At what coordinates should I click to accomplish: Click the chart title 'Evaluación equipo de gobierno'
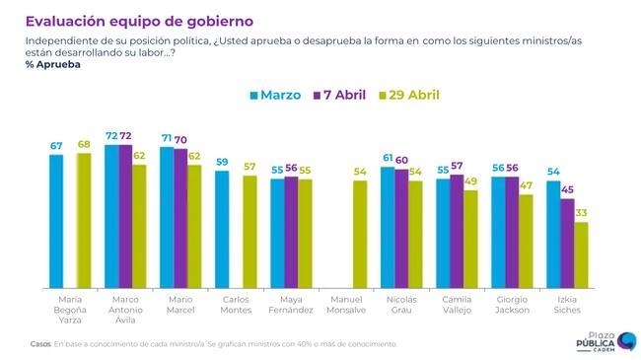[x=139, y=22]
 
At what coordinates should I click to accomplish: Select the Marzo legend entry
[x=275, y=95]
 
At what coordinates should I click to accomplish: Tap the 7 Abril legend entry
[x=339, y=95]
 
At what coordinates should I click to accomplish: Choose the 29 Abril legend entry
[x=409, y=95]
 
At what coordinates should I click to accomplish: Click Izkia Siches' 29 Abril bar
[x=581, y=255]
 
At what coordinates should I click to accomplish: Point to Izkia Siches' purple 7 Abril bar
[x=567, y=244]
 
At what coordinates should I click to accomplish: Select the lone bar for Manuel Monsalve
[x=360, y=235]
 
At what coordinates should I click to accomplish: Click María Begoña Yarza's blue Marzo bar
[x=56, y=221]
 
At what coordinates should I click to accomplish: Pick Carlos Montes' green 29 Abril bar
[x=249, y=232]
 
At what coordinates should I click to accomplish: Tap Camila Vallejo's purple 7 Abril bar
[x=457, y=232]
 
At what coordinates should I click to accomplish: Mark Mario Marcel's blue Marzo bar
[x=167, y=218]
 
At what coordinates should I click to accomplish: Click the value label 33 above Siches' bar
[x=581, y=213]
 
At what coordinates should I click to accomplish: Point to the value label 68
[x=84, y=144]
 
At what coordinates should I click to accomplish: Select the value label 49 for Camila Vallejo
[x=471, y=180]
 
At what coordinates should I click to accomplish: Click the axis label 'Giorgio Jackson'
[x=512, y=305]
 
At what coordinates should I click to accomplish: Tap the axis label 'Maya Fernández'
[x=291, y=305]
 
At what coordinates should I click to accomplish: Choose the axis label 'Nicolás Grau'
[x=401, y=305]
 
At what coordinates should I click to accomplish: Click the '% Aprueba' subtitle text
[x=52, y=65]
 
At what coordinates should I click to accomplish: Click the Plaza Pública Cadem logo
[x=606, y=341]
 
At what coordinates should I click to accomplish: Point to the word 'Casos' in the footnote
[x=40, y=344]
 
